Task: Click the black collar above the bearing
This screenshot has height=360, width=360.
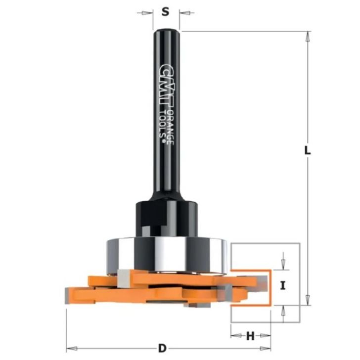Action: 166,217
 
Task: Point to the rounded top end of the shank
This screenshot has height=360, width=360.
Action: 166,33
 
